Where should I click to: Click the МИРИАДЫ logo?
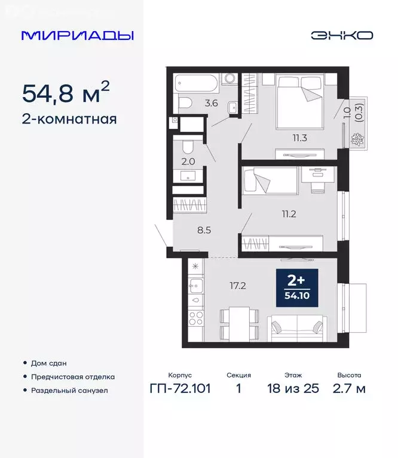77,35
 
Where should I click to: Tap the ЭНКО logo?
341,35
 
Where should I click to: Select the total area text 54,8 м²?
66,93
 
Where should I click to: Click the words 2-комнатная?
69,119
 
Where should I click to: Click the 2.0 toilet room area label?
189,160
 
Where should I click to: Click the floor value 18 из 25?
293,389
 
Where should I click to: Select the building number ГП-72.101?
180,389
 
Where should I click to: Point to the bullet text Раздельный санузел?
70,391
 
